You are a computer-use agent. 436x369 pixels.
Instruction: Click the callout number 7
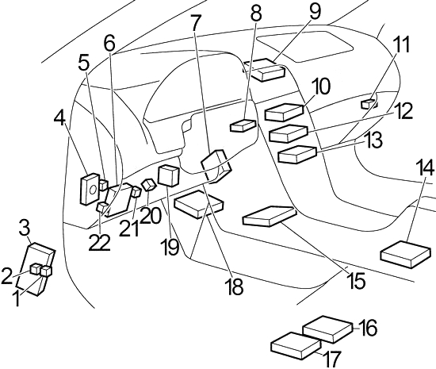coord(196,23)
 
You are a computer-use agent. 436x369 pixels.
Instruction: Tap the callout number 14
coord(425,167)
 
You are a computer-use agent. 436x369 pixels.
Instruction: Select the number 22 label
coord(100,242)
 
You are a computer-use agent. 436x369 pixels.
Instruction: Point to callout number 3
coord(25,229)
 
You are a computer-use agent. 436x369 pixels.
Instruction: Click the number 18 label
coord(235,286)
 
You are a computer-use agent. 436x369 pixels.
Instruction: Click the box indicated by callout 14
coord(405,255)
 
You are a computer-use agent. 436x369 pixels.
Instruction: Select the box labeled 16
coord(327,329)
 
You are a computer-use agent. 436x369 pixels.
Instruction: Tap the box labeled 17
coord(296,346)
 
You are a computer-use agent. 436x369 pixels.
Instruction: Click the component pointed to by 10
coord(284,112)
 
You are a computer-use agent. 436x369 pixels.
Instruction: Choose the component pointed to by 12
coord(289,133)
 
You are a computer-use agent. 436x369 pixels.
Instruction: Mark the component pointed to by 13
coord(297,154)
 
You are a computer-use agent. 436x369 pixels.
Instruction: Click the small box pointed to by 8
coord(243,125)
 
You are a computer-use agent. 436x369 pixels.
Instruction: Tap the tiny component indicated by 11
coord(368,104)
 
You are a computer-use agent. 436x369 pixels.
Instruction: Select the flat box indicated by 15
coord(269,216)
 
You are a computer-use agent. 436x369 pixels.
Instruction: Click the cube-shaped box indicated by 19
coord(169,175)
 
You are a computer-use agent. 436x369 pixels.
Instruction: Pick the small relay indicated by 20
coord(148,184)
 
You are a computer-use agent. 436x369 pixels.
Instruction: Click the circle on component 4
coord(93,190)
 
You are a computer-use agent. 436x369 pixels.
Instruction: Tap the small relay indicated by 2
coord(36,269)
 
